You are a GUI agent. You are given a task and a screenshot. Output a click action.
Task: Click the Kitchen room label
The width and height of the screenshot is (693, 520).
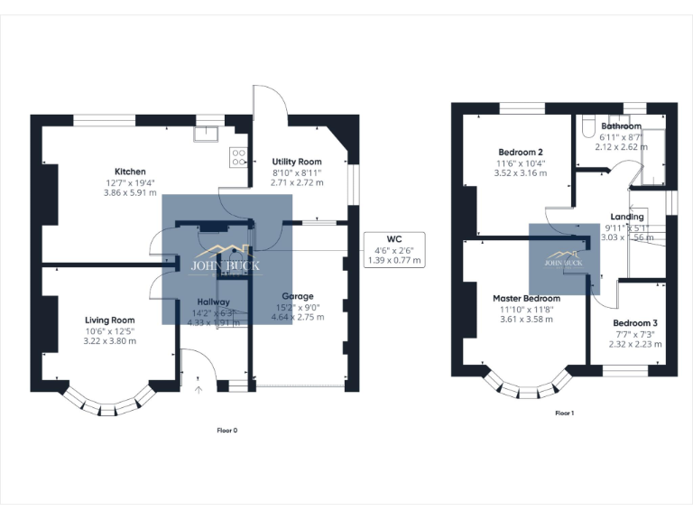coord(130,172)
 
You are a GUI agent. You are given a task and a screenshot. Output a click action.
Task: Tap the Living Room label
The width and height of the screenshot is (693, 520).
coord(109,320)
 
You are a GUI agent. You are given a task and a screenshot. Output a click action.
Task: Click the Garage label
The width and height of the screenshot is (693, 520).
coord(297,295)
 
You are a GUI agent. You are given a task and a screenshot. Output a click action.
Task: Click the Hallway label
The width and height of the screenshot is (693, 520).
coord(213,302)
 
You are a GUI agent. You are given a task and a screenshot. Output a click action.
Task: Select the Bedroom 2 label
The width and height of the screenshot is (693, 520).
coord(521,152)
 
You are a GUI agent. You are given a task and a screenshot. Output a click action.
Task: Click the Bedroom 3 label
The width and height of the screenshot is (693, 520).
coord(635,322)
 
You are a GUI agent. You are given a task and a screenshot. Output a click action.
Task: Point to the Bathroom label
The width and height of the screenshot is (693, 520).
coord(622,126)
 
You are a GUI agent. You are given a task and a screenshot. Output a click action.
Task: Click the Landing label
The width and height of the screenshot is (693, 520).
coord(627,217)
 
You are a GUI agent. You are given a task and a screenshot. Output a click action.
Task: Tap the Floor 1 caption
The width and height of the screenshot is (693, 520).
coord(564,413)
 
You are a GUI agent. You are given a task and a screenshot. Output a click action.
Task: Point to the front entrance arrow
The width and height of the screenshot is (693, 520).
coord(200,389)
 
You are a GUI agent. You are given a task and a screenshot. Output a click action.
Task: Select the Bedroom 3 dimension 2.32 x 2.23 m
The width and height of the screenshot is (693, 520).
coord(635,343)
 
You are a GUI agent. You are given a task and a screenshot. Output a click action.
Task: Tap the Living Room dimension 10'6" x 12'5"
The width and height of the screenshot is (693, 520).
coord(109,330)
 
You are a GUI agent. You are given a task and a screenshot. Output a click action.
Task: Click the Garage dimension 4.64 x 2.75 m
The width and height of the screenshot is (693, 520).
coord(297,318)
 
